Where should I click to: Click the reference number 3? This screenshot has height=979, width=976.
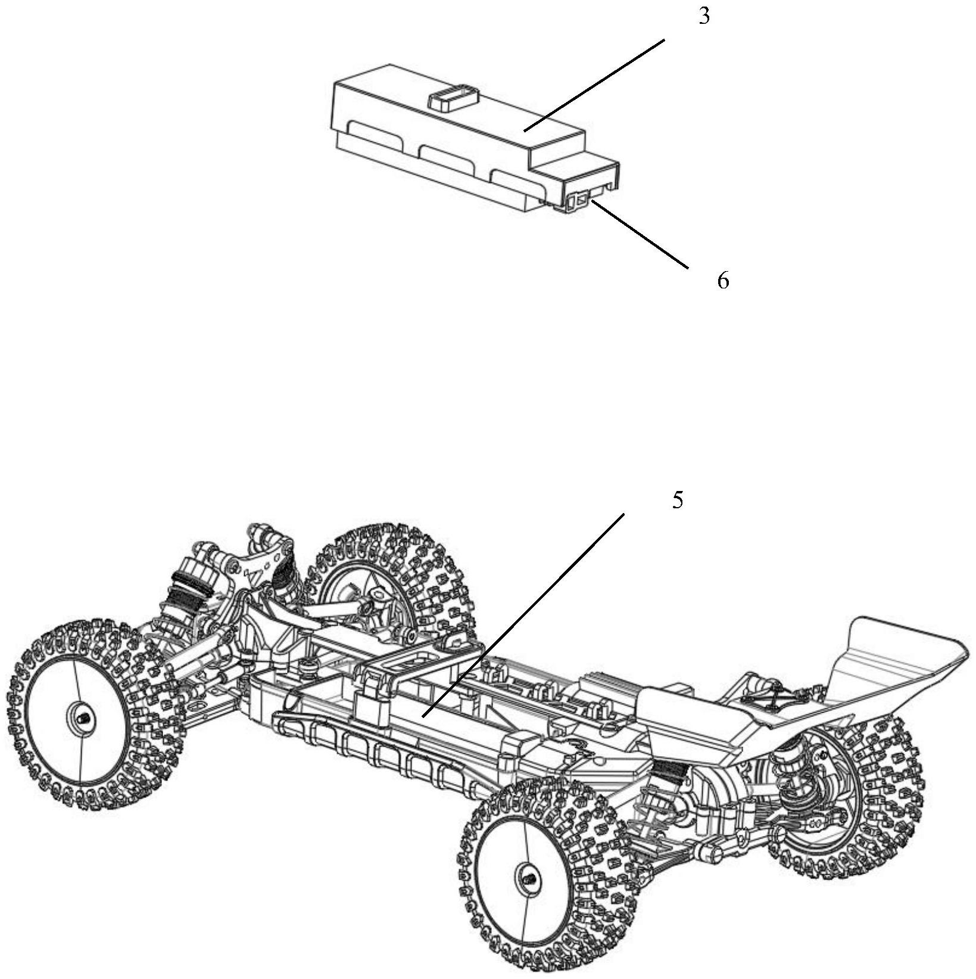[704, 17]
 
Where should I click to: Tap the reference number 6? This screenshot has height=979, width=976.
[722, 280]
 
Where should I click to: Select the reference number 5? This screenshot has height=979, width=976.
[677, 501]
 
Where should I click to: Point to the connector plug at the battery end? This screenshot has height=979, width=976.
[581, 201]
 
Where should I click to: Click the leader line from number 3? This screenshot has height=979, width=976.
[595, 84]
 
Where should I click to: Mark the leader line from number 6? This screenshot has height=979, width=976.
[640, 235]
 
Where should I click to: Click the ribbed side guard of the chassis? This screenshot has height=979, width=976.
[369, 751]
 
